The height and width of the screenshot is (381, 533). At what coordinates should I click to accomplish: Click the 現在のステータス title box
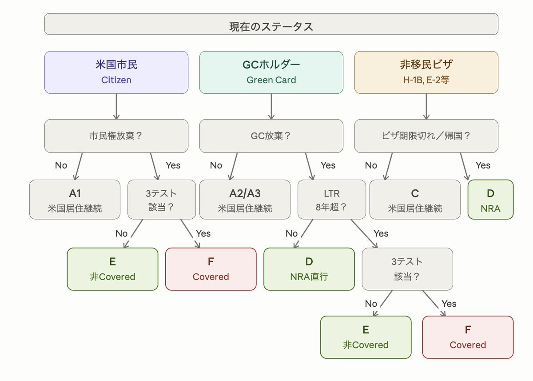click(271, 24)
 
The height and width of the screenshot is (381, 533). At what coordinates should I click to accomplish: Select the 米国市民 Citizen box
click(116, 72)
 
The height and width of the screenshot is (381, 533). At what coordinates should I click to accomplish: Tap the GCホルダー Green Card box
click(271, 72)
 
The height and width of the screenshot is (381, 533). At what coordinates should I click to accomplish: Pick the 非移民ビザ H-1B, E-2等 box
click(426, 72)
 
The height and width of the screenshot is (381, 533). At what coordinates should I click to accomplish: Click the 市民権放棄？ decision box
click(116, 136)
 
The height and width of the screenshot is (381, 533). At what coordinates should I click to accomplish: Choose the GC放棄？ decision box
click(271, 136)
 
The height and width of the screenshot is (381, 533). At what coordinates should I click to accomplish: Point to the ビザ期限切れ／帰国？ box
click(426, 136)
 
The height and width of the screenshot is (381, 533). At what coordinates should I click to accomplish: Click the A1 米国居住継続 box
click(75, 200)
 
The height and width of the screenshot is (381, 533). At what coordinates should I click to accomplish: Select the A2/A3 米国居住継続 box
click(245, 200)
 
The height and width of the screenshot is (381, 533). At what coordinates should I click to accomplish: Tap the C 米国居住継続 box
click(415, 200)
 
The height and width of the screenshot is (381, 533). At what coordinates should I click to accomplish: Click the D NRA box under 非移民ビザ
click(490, 200)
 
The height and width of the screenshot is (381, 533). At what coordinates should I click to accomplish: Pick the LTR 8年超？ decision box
click(332, 200)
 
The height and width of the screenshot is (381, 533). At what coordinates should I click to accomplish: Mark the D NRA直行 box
click(309, 269)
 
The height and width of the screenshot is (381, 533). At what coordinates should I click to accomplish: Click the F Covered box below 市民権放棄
click(211, 269)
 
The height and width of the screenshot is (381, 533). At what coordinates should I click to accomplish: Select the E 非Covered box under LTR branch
click(366, 337)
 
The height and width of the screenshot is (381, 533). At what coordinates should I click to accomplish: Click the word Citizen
click(116, 80)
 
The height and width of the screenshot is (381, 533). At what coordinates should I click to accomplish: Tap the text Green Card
click(271, 80)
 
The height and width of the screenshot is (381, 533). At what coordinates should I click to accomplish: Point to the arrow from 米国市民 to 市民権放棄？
click(116, 106)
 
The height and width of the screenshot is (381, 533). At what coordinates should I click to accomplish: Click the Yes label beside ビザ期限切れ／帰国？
click(483, 165)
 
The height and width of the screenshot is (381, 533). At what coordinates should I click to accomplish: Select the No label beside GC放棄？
click(216, 165)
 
